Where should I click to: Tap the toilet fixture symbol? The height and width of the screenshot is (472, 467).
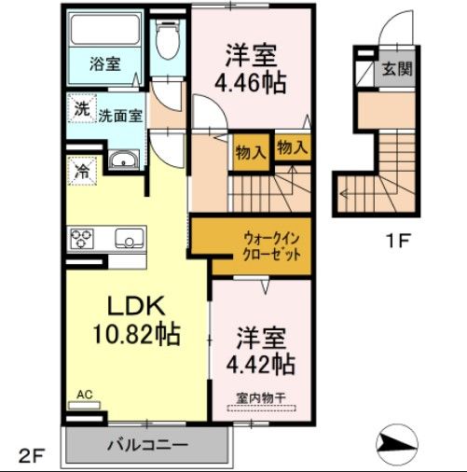tap(168, 43)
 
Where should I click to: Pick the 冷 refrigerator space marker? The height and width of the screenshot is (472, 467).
tap(80, 172)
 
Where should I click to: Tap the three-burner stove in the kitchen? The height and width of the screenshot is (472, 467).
tap(82, 239)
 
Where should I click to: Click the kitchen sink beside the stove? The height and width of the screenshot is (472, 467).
tap(128, 240)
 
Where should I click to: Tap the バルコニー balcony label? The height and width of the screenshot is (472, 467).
tap(144, 445)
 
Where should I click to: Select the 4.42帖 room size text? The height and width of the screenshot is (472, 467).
tap(265, 362)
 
